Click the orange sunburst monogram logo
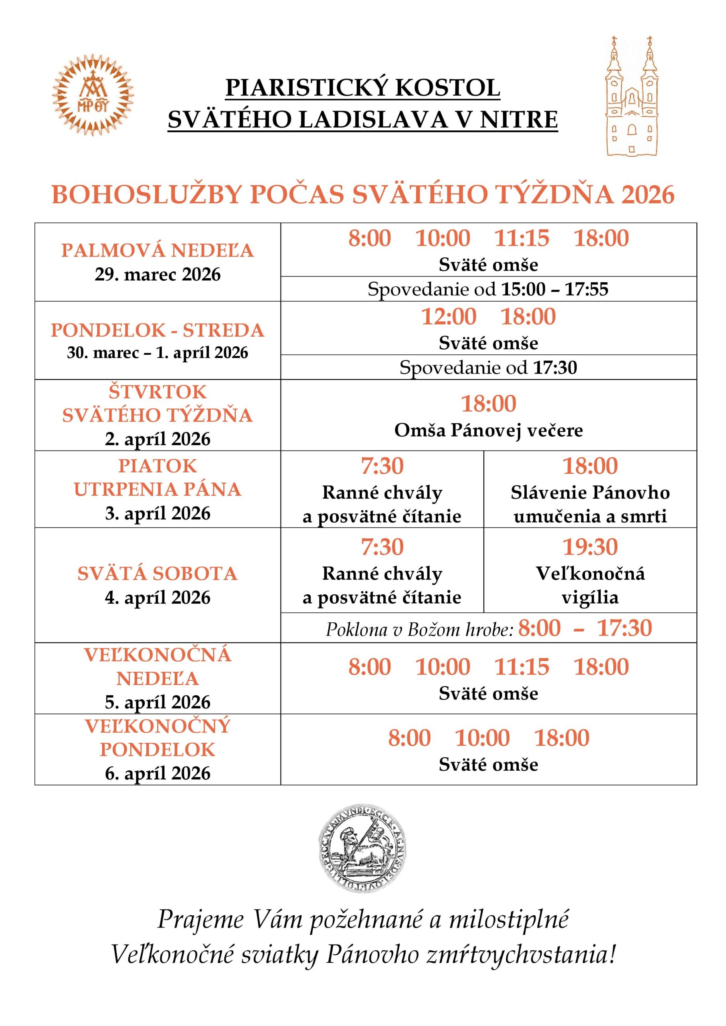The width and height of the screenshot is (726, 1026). pyautogui.click(x=93, y=95)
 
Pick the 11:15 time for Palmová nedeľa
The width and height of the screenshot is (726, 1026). pyautogui.click(x=521, y=238)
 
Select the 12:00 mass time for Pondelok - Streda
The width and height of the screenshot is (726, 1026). pyautogui.click(x=449, y=316)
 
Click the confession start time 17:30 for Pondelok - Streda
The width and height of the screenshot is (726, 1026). pyautogui.click(x=555, y=368)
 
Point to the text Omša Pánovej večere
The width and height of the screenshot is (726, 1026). pyautogui.click(x=488, y=430)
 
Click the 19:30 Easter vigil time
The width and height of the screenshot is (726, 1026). pyautogui.click(x=590, y=547)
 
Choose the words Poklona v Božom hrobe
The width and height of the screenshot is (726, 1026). pyautogui.click(x=419, y=630)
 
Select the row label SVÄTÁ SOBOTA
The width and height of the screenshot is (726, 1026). pyautogui.click(x=158, y=574)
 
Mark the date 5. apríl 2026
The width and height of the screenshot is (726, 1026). pyautogui.click(x=158, y=703)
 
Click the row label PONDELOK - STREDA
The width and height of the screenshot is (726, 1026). pyautogui.click(x=158, y=330)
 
